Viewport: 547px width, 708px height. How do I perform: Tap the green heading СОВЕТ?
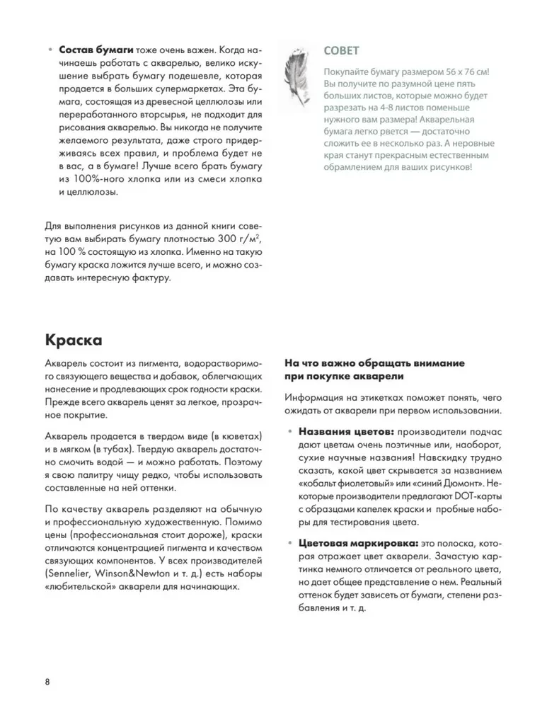click(341, 51)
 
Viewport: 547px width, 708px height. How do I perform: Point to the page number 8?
click(47, 682)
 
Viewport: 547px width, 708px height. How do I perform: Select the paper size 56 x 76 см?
click(458, 72)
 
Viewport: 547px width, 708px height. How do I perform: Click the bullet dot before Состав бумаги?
click(49, 52)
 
